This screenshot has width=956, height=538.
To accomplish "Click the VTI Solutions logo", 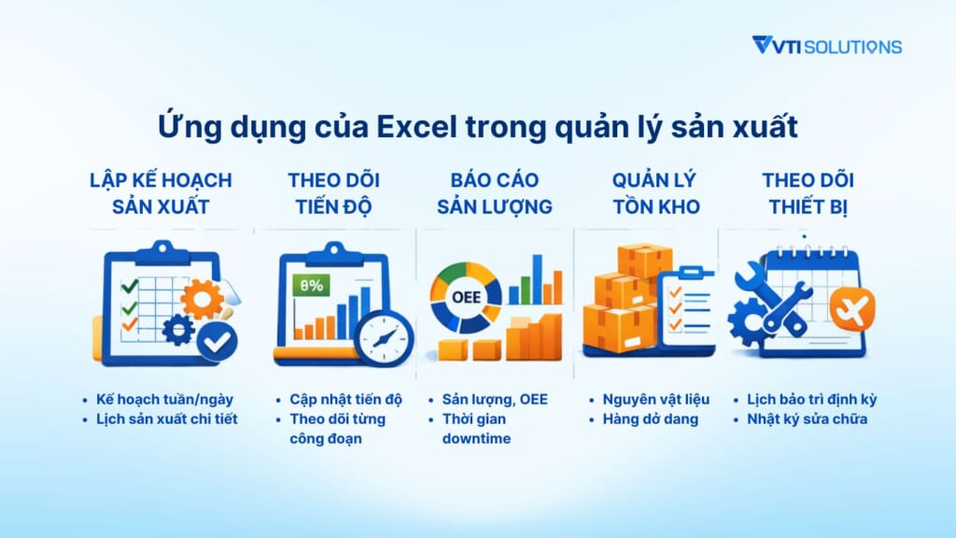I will tap(826, 46).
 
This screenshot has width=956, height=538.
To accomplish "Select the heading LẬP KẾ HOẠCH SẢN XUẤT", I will tap(161, 192).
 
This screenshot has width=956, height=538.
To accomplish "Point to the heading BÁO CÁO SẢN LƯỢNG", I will tap(494, 192).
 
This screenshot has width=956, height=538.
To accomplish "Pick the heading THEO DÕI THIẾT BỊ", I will tap(808, 192).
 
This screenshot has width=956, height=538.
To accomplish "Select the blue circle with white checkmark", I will tap(218, 342).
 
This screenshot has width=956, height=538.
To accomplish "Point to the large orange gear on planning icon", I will tap(202, 300).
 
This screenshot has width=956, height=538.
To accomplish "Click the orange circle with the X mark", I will tap(851, 309).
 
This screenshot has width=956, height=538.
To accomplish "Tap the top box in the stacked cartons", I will tap(644, 261).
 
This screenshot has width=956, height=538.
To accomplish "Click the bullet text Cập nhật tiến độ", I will tap(346, 399).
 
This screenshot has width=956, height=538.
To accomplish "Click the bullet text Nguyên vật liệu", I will tap(659, 399).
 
